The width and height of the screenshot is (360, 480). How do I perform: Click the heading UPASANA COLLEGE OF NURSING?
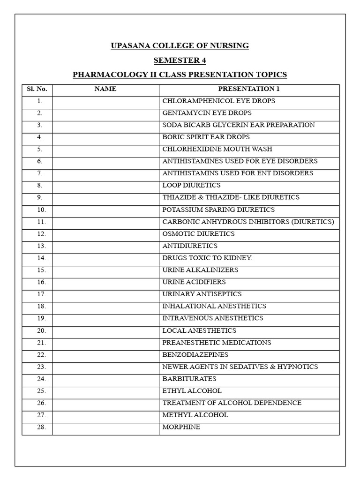pyautogui.click(x=180, y=45)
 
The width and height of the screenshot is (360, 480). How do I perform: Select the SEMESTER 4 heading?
pyautogui.click(x=180, y=60)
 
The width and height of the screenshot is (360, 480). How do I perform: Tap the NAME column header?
pyautogui.click(x=105, y=89)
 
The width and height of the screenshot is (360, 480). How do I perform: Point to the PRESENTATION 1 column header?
pyautogui.click(x=249, y=89)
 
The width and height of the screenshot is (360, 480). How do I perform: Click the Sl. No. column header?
pyautogui.click(x=37, y=89)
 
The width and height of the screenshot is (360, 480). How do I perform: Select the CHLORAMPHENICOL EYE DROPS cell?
pyautogui.click(x=218, y=101)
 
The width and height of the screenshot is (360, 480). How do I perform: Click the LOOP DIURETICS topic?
pyautogui.click(x=191, y=185)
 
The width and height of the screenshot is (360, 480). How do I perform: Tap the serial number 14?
pyautogui.click(x=40, y=258)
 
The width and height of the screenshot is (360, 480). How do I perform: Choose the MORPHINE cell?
pyautogui.click(x=181, y=427)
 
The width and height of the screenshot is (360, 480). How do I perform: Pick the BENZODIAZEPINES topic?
pyautogui.click(x=195, y=354)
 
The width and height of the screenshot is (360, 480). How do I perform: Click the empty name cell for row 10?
pyautogui.click(x=105, y=210)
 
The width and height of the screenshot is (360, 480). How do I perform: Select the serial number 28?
pyautogui.click(x=40, y=427)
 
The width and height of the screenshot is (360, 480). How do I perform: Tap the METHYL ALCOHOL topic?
pyautogui.click(x=195, y=415)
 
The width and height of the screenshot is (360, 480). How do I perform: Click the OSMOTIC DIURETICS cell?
pyautogui.click(x=198, y=233)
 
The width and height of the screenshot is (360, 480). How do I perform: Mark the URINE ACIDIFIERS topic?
pyautogui.click(x=194, y=282)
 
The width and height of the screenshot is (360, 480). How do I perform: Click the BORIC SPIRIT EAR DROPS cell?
pyautogui.click(x=206, y=137)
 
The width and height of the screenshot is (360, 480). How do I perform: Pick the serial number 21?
pyautogui.click(x=40, y=343)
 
